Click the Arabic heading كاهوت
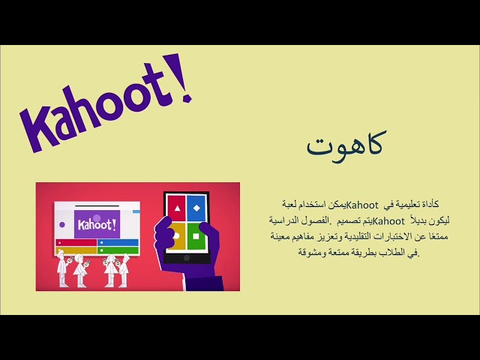tap(345, 143)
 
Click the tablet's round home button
tap(187, 259)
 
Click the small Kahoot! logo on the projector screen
tap(97, 223)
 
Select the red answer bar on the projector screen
tap(76, 242)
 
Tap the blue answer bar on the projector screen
tap(118, 242)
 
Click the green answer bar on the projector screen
tap(118, 250)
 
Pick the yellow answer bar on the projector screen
tap(76, 250)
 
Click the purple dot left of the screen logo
tap(61, 224)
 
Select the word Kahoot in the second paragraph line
tap(388, 220)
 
